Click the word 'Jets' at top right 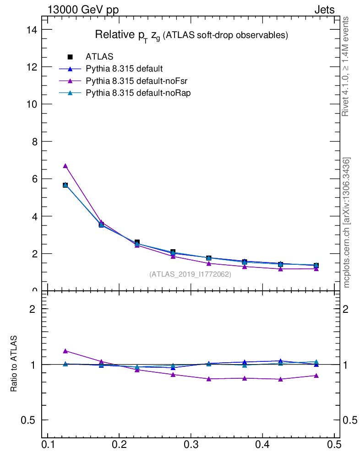coord(324,10)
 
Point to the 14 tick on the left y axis coord(32,29)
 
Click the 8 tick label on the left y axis coord(34,142)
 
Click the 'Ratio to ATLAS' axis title coord(14,364)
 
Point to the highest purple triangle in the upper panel coord(65,166)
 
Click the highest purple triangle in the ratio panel coord(65,351)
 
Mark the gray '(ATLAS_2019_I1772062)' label coord(190,274)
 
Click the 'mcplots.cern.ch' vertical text coord(347,223)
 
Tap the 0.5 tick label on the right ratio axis coord(351,420)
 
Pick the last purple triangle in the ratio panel coord(316,376)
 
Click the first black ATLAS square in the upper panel coord(65,185)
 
